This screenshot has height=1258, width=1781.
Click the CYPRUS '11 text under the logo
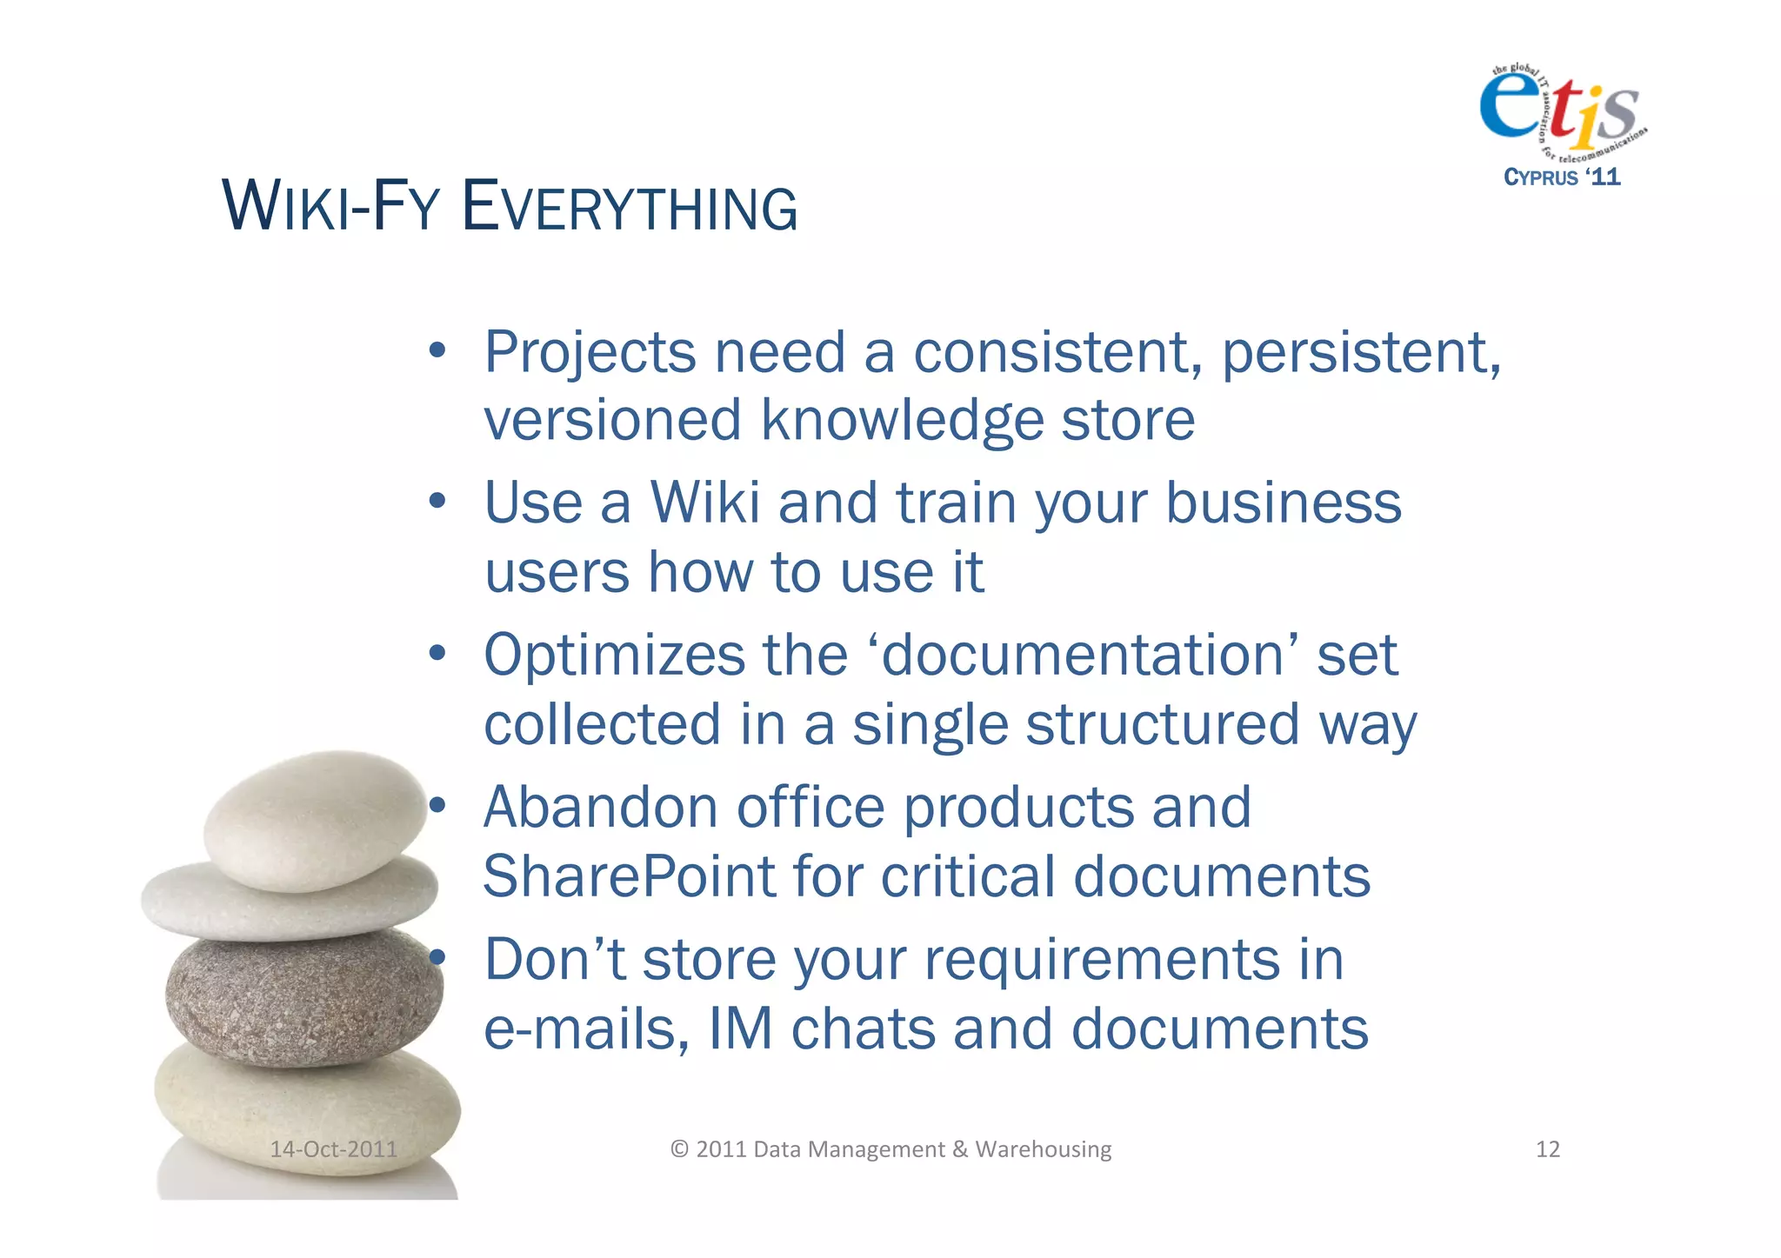click(1562, 177)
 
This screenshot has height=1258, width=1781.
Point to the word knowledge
click(901, 421)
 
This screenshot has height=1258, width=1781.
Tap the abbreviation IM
click(740, 1028)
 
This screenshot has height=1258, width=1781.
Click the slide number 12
click(1547, 1149)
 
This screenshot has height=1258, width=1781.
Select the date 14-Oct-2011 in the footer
click(333, 1149)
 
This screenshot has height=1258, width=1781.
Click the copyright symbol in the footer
click(679, 1149)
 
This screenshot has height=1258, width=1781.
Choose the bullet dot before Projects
click(437, 352)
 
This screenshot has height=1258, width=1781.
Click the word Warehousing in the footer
click(1043, 1149)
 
